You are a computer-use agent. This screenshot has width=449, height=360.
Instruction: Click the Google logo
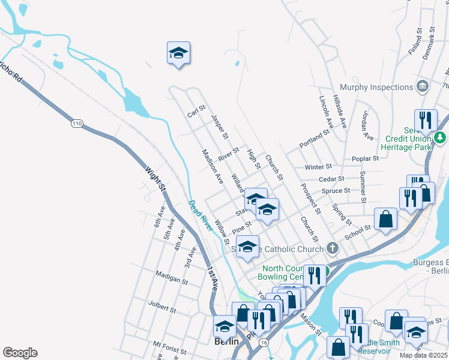click(20, 353)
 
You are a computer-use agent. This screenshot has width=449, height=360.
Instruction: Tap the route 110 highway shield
click(76, 124)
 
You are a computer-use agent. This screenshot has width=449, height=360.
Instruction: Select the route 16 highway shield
click(264, 341)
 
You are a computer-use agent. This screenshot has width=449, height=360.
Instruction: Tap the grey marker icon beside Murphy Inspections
click(422, 87)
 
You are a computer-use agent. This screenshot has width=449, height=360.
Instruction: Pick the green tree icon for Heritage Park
click(441, 138)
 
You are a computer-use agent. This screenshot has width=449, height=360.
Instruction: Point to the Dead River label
click(200, 216)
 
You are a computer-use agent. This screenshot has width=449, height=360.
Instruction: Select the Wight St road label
click(155, 179)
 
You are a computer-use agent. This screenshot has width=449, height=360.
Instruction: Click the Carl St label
click(196, 112)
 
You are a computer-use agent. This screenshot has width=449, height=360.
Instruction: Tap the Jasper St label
click(220, 128)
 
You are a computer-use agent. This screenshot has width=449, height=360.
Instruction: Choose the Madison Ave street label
click(212, 166)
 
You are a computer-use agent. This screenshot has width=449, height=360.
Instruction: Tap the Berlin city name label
click(227, 341)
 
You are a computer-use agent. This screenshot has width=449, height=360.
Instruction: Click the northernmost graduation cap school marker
click(178, 53)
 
